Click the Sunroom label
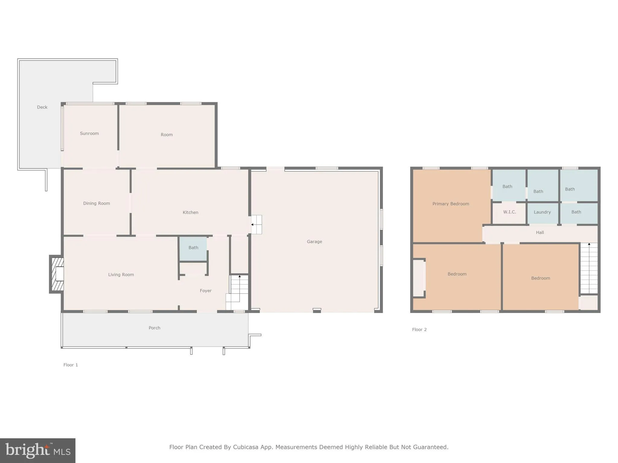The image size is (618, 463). coord(89,133)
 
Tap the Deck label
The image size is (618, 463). coord(42,107)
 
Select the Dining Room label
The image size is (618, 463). coord(97,203)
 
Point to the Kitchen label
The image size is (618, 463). coord(190,212)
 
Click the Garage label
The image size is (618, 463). coord(314,241)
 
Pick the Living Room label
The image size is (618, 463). coord(121,274)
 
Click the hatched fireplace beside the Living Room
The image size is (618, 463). coord(57,274)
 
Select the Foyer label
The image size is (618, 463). coord(205,291)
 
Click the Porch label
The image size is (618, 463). coord(154,328)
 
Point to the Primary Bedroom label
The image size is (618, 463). coord(451,204)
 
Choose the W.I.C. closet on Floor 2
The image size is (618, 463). coord(509,212)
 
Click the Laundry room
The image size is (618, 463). coord(542,212)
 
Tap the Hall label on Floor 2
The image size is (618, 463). coord(540,232)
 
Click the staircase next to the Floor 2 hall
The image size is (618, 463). coord(589,268)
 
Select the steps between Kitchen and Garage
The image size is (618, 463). coord(256,225)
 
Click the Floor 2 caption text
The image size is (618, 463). coord(419,329)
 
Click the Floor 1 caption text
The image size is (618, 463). coord(71,365)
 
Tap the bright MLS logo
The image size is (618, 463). coord(38,451)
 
